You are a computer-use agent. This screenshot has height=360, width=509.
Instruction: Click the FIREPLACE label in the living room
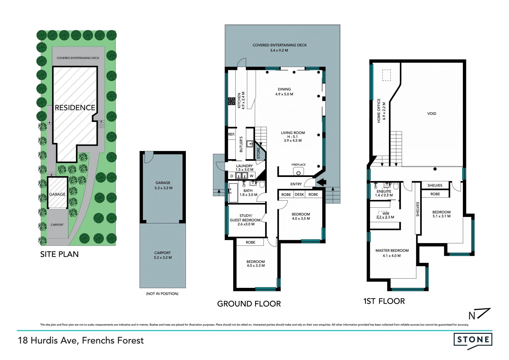coord(299,164)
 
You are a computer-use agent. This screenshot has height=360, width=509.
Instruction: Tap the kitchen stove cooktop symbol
coord(231,101)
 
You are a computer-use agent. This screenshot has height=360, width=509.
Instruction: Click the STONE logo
coord(473,341)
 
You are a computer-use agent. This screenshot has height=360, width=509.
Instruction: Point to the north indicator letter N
coord(472,316)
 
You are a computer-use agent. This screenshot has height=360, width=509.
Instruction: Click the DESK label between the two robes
coord(299,194)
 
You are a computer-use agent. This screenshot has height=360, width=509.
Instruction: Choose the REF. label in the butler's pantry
coord(231,134)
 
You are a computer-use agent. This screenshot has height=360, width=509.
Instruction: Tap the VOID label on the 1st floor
coord(432,114)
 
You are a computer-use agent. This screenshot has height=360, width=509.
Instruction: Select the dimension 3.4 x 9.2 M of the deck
coord(279,50)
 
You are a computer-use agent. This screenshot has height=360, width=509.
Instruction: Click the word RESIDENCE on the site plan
coord(75,107)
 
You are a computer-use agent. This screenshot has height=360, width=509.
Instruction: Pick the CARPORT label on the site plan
coord(57,225)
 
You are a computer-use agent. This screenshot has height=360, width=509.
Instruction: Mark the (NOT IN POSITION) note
coord(162,294)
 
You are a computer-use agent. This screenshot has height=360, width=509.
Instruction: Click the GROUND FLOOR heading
coord(249,304)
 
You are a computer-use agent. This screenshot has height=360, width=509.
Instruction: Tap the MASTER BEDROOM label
coord(392,250)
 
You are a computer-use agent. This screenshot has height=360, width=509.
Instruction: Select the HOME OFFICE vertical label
coord(379,111)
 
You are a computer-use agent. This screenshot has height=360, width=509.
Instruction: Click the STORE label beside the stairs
coord(258,153)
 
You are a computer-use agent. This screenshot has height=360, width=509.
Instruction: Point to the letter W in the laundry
coord(252,176)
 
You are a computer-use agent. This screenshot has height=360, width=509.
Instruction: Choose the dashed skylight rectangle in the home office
coord(386,75)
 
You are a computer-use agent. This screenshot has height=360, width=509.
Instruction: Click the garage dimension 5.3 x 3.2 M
coord(163,188)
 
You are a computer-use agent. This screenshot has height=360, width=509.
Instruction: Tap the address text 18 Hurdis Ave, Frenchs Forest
coord(81,340)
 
